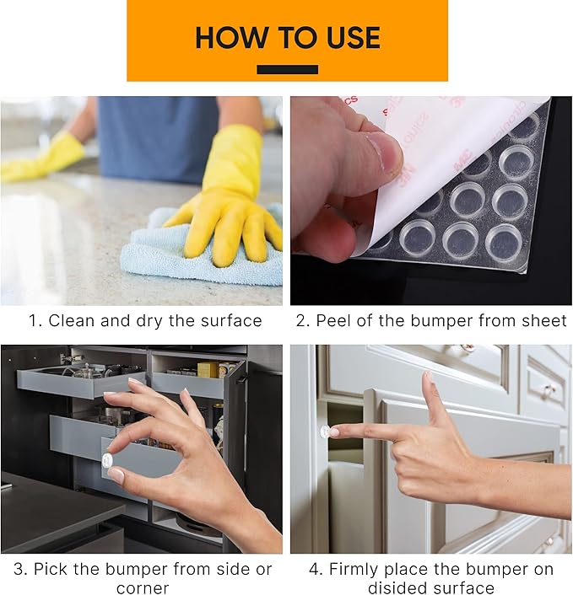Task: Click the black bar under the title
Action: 287,70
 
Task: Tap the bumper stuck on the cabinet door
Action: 325,432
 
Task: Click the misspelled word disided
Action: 398,588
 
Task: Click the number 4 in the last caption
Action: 313,570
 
